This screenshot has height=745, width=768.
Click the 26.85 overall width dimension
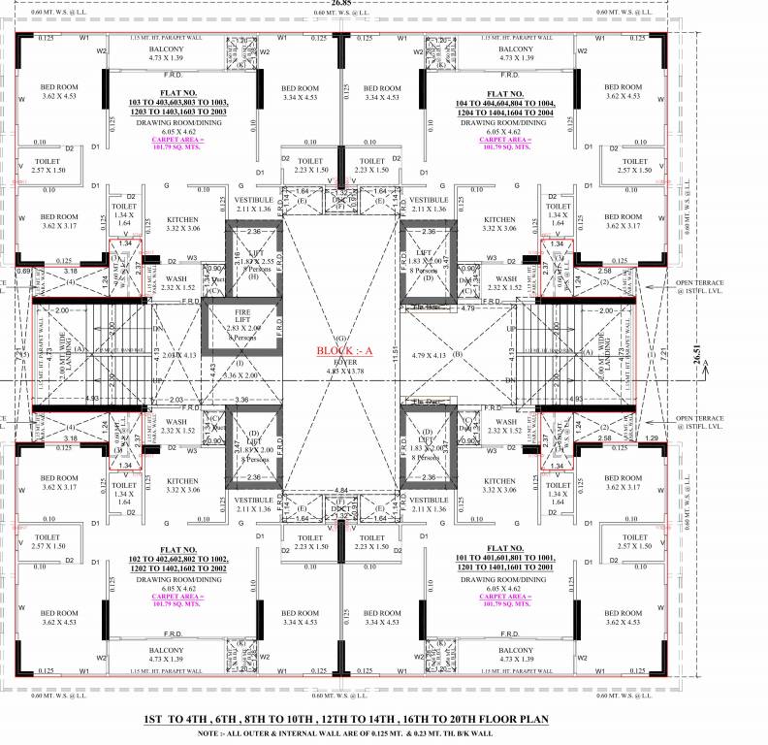click(342, 4)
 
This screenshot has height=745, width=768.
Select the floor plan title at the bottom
click(344, 719)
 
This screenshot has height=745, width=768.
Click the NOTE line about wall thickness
click(344, 733)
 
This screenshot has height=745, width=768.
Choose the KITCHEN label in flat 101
click(499, 481)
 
